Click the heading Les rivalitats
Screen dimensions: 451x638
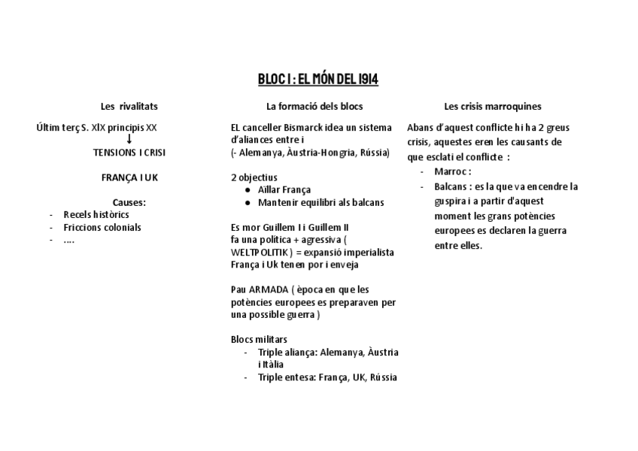[129, 106]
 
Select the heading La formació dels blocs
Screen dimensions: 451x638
[314, 106]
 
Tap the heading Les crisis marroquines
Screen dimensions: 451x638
[493, 106]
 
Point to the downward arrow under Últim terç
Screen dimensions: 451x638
[129, 139]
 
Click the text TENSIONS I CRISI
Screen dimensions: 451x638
[129, 152]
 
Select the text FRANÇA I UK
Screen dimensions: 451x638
[129, 177]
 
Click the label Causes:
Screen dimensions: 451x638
[129, 202]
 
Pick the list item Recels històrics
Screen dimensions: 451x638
[96, 215]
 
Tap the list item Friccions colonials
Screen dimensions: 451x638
[102, 227]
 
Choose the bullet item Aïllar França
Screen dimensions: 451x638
[284, 189]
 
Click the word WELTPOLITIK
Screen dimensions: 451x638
[257, 252]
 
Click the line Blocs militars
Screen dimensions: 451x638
[260, 339]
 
